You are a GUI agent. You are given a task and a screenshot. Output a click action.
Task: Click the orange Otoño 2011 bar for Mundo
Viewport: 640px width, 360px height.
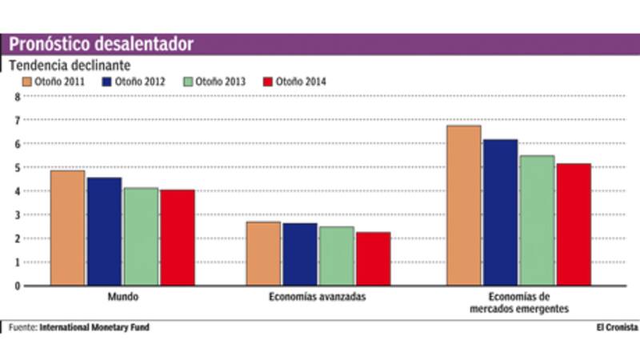(x=67, y=228)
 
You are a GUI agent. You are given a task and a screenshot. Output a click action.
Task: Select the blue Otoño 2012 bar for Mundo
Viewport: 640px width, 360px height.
(x=105, y=231)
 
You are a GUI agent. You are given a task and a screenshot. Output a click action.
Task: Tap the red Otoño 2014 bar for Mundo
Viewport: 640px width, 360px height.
(x=177, y=238)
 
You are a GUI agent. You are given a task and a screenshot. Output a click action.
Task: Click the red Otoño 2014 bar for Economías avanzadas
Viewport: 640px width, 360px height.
(x=373, y=259)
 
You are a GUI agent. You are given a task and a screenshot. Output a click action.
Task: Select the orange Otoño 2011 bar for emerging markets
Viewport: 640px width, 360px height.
(x=464, y=206)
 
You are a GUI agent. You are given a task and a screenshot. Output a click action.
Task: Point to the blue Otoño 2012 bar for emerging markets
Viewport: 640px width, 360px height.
(x=500, y=212)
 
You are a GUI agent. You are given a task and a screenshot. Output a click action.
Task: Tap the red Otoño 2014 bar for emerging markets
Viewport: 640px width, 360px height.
(x=574, y=225)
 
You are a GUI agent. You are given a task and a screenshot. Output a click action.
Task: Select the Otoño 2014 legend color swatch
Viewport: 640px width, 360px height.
(x=269, y=82)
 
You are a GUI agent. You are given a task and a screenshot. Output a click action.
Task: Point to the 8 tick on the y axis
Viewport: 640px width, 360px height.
(x=15, y=96)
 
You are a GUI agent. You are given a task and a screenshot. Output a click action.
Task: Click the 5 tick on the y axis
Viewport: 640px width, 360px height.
(x=15, y=167)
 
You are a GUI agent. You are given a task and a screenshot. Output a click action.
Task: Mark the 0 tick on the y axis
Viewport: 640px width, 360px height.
(x=15, y=286)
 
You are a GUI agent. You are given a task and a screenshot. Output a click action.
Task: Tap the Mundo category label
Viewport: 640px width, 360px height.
(x=122, y=297)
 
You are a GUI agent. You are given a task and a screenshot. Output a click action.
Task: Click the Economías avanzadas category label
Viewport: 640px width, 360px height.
(x=318, y=297)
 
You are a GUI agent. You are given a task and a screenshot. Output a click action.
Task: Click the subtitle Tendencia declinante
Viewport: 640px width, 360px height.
(x=70, y=64)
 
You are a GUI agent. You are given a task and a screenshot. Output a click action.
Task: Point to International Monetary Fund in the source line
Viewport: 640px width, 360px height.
(x=94, y=327)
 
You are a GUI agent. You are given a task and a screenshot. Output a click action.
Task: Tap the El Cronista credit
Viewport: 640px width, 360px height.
(x=617, y=327)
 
